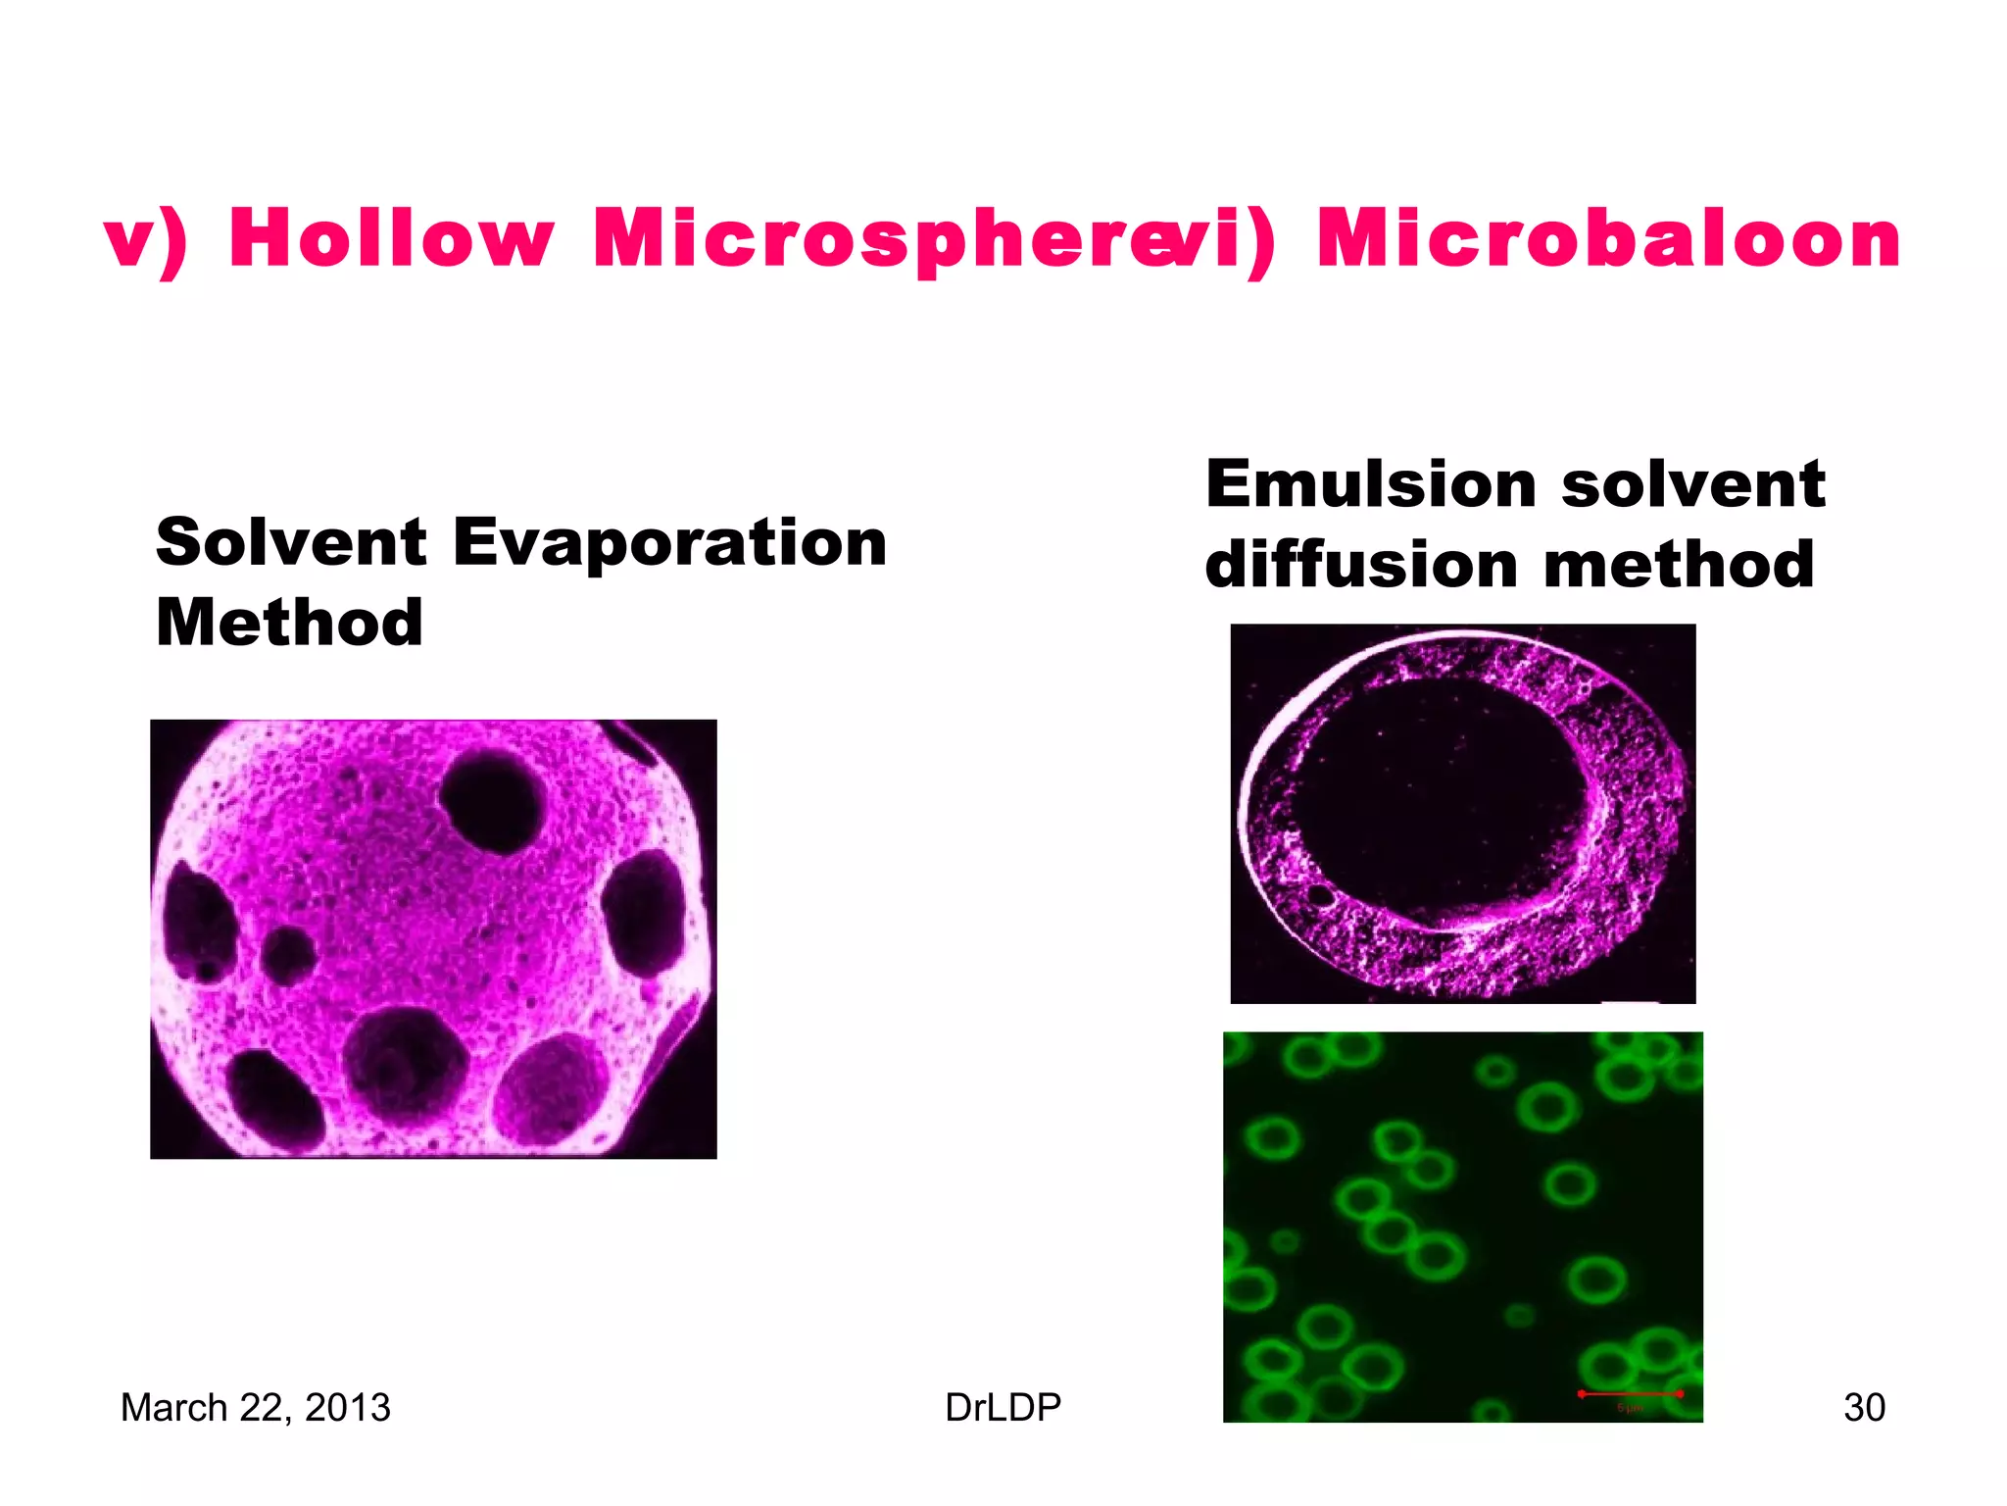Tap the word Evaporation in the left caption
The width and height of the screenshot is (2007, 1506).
pos(669,542)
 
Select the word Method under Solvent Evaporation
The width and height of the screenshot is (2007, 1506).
pos(289,623)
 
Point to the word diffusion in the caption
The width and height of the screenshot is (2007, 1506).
pos(1362,566)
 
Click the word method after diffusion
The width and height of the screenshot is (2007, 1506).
pos(1679,566)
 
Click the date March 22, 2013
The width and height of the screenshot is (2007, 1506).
pos(255,1407)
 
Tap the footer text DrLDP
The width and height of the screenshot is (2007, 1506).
pos(1003,1407)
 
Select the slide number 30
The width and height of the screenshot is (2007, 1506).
pos(1864,1407)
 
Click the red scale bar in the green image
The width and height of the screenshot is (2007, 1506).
pos(1630,1393)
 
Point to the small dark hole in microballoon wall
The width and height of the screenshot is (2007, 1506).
pos(1321,894)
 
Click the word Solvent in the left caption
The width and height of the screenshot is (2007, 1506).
pos(291,542)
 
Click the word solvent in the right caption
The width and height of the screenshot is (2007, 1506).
pos(1693,484)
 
